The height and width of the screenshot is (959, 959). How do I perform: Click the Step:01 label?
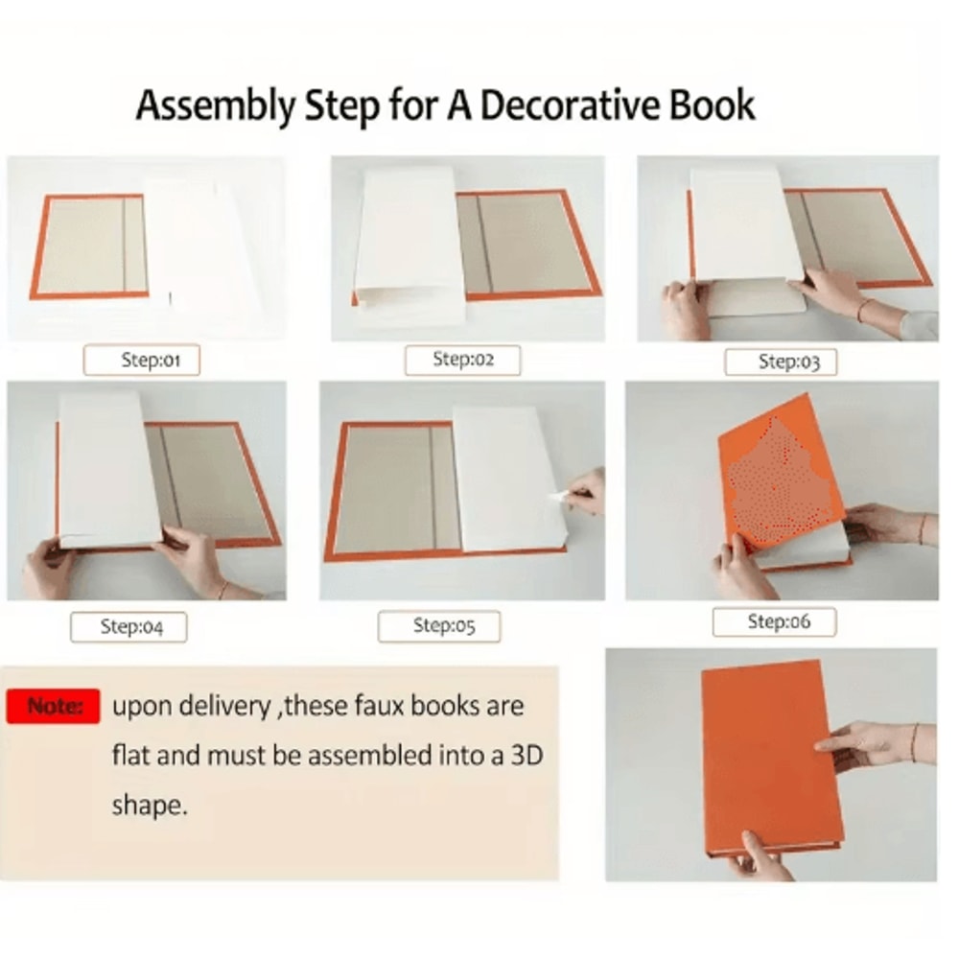click(141, 361)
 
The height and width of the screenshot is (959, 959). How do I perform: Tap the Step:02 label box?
click(462, 360)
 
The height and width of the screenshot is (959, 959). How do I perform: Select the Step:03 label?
click(781, 363)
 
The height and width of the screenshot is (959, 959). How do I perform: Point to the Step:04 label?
click(129, 627)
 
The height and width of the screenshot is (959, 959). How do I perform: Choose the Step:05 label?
click(439, 625)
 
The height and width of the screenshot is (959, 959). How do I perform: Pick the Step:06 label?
click(774, 622)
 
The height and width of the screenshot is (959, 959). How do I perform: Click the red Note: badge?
click(53, 707)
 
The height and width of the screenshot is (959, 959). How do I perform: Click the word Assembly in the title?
click(215, 105)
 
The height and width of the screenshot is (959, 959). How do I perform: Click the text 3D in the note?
click(526, 756)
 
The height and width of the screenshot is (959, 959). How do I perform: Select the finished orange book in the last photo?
click(772, 758)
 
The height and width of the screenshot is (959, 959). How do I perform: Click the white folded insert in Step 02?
click(409, 245)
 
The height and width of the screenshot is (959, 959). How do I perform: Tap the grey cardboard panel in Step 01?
click(93, 246)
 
